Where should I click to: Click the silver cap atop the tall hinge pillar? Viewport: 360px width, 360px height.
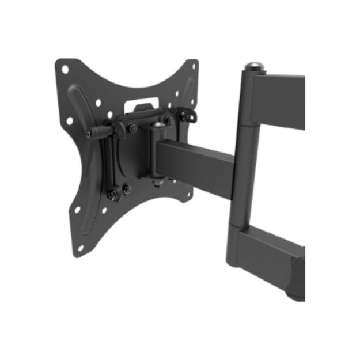[252, 65]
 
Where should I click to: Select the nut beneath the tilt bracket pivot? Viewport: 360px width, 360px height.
[156, 183]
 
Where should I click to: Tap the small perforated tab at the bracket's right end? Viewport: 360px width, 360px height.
[183, 114]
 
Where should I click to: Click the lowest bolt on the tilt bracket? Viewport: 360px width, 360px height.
[126, 190]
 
